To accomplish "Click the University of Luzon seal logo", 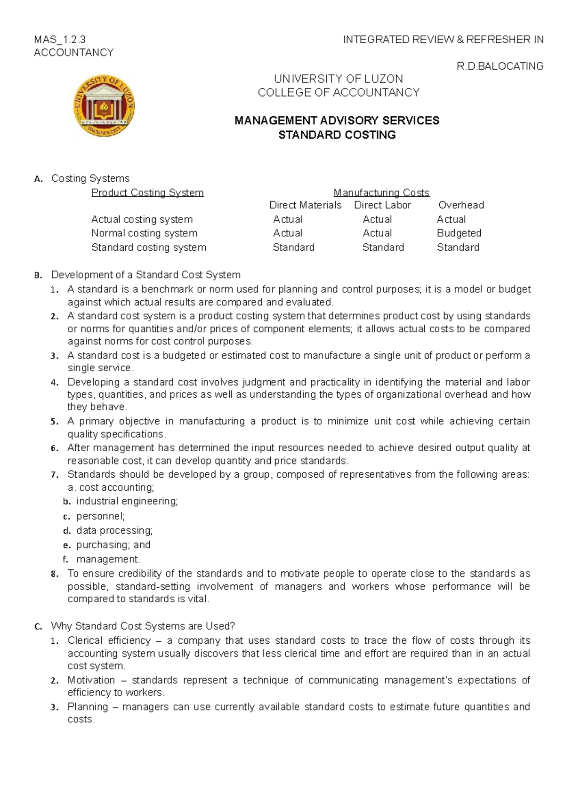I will pyautogui.click(x=104, y=106).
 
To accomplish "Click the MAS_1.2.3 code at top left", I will pyautogui.click(x=60, y=40).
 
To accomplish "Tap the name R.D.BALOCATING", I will pyautogui.click(x=500, y=66).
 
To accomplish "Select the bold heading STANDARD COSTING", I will pyautogui.click(x=337, y=135).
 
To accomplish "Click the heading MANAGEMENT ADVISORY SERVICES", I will pyautogui.click(x=337, y=120).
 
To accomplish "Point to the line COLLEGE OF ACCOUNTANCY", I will pyautogui.click(x=338, y=93).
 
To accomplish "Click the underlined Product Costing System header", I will pyautogui.click(x=147, y=192).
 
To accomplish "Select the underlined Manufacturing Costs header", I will pyautogui.click(x=381, y=192).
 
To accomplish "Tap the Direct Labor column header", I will pyautogui.click(x=382, y=205).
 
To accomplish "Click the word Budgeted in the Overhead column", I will pyautogui.click(x=459, y=233).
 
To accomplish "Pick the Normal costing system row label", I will pyautogui.click(x=144, y=233).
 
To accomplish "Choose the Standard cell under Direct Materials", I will pyautogui.click(x=293, y=248).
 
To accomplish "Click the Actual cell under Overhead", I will pyautogui.click(x=451, y=219).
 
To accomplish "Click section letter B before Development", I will pyautogui.click(x=38, y=275).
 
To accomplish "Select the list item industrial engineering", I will pyautogui.click(x=127, y=501).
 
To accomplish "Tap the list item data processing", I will pyautogui.click(x=114, y=530).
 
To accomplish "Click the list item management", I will pyautogui.click(x=108, y=559).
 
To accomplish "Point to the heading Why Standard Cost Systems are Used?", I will pyautogui.click(x=143, y=626).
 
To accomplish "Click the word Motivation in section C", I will pyautogui.click(x=91, y=680).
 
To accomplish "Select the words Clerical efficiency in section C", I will pyautogui.click(x=109, y=640).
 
